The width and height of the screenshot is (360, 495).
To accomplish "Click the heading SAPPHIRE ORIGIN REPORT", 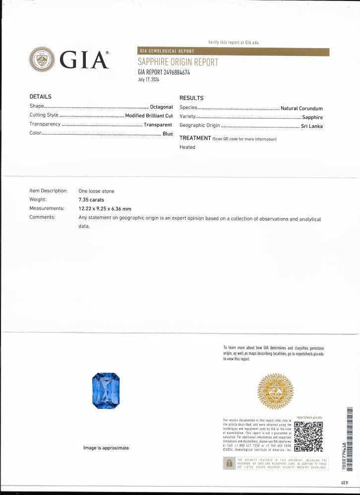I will [178, 62].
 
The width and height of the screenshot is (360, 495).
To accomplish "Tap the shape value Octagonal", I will [161, 107].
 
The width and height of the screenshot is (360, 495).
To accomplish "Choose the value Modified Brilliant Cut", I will [149, 115].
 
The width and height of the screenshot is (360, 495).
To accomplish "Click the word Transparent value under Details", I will [158, 125].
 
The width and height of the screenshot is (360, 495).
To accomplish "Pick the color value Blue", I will [168, 134].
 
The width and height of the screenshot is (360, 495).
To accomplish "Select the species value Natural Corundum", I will [301, 109].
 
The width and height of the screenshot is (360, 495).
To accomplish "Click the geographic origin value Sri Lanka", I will [312, 126].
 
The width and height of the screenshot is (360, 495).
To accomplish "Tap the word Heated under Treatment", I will [187, 147].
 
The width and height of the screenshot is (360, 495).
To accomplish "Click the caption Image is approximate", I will [106, 448].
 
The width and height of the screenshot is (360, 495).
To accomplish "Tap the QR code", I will [308, 437].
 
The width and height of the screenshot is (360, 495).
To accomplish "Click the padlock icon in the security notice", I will [229, 463].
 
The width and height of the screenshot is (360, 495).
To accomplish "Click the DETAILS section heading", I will [41, 97].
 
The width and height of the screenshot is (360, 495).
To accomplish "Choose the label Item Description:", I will [48, 191].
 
